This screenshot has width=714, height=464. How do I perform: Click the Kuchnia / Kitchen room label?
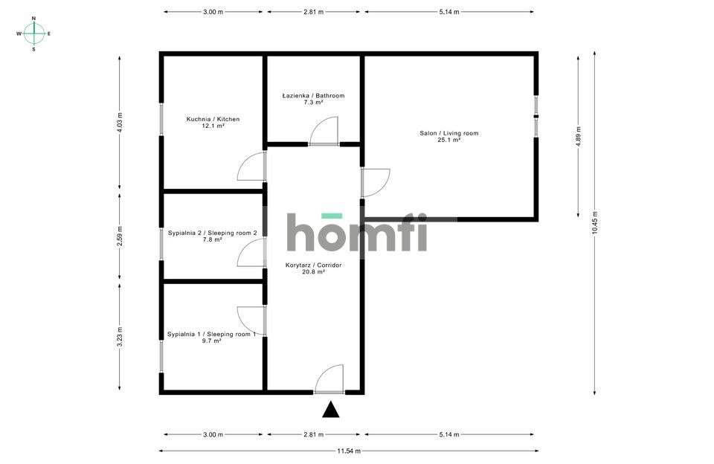(213, 123)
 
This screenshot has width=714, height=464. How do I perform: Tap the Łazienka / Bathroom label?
(313, 99)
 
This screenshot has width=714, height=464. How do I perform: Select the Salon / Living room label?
(449, 137)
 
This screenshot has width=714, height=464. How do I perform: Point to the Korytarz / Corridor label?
(313, 268)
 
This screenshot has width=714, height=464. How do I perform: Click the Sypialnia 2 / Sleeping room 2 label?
(212, 236)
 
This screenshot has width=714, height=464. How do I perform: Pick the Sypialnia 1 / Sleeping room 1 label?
(211, 337)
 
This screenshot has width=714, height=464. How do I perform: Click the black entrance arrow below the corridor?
(330, 410)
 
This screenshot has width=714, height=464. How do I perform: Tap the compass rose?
(33, 33)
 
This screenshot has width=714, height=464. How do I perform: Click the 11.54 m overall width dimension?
(349, 451)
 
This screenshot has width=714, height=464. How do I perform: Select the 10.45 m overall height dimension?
(595, 222)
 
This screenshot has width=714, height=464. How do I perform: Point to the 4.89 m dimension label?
(579, 136)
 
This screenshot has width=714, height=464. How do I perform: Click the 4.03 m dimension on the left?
(120, 122)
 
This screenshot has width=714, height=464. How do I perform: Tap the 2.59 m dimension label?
(120, 236)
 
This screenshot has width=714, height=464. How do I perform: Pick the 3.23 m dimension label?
(120, 337)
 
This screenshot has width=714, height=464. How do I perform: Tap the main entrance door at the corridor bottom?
(329, 378)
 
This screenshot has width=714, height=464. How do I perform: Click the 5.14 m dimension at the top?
(449, 12)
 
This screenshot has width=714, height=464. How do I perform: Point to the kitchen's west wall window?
(161, 119)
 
